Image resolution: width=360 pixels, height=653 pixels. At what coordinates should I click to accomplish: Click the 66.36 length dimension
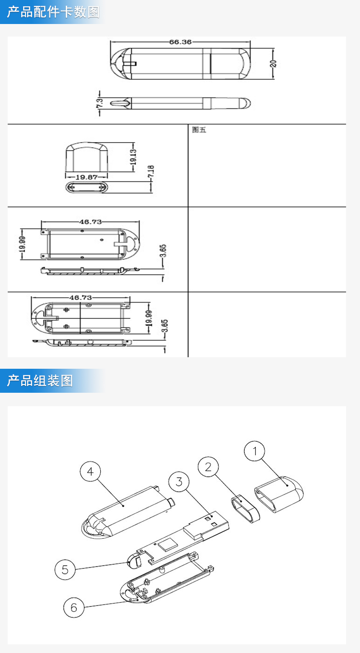(180, 42)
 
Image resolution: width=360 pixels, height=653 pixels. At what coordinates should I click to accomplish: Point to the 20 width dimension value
(273, 63)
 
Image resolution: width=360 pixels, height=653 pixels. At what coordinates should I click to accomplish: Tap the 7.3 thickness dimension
(99, 103)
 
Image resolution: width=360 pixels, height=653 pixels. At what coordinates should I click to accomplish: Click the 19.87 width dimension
(86, 177)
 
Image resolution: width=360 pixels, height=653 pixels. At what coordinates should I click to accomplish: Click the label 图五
(199, 130)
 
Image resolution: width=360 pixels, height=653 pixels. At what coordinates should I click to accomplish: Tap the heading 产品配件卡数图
(53, 12)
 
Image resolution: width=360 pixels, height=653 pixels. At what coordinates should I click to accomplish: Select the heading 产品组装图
(40, 381)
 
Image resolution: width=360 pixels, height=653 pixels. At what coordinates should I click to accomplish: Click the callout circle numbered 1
(255, 451)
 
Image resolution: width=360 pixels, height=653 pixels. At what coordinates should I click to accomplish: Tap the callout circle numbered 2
(208, 467)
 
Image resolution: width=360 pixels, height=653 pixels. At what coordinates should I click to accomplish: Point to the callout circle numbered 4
(90, 472)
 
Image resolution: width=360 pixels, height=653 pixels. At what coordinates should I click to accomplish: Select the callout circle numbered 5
(65, 569)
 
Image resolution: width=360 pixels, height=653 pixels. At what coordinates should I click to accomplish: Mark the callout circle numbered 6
(74, 607)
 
